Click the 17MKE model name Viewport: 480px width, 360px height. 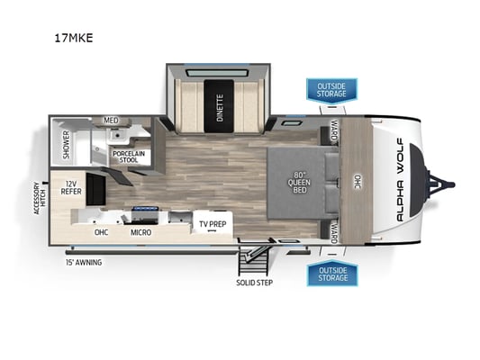coord(74,38)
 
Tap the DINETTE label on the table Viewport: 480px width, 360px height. coord(220,107)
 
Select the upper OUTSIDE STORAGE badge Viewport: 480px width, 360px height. coord(331,90)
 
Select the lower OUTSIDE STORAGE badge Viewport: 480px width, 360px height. coord(332,273)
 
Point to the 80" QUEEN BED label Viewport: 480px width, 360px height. coord(299,183)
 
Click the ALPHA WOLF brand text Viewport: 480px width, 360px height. coord(400,180)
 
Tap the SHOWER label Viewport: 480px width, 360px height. coord(66,145)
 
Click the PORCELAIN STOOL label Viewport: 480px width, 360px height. coord(129,157)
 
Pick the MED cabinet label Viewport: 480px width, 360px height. coord(111,121)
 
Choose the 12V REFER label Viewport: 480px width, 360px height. coord(71,188)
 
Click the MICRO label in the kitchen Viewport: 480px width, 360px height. coord(140,232)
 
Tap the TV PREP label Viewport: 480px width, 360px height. coord(213,224)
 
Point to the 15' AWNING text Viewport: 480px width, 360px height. coord(84,263)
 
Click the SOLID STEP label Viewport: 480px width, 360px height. coord(254,283)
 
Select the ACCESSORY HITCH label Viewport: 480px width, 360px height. coord(40,198)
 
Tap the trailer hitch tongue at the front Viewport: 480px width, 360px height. coord(440,184)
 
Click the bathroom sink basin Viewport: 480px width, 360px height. coord(116,135)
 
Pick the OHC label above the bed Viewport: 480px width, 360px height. coord(358,182)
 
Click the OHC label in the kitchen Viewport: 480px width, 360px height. coord(101,232)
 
